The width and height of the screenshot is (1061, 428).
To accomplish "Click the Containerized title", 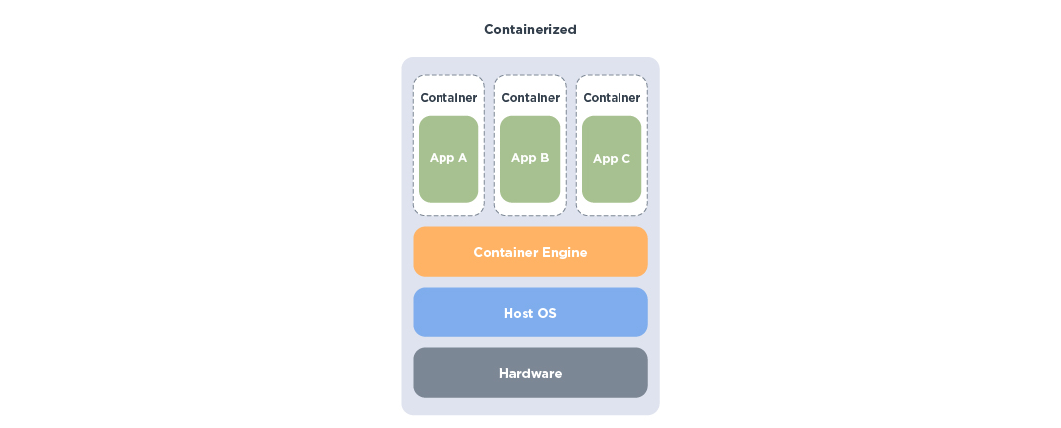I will click(x=530, y=30).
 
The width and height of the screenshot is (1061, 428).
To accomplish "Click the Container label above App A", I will click(x=448, y=98).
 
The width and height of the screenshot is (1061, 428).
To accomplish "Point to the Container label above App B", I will click(x=530, y=98).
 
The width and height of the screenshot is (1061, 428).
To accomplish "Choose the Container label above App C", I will click(x=612, y=98).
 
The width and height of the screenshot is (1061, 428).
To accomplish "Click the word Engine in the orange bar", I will click(x=564, y=253).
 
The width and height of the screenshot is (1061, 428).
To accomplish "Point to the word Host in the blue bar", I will click(x=519, y=313).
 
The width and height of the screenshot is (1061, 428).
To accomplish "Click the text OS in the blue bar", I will click(x=547, y=313).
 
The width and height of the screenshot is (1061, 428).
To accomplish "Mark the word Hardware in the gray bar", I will click(x=530, y=374).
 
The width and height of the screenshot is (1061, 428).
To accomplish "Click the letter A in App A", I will click(x=462, y=158).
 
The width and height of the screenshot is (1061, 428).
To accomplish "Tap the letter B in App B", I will click(x=544, y=158).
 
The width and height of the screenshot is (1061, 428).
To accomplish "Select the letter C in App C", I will click(x=625, y=159).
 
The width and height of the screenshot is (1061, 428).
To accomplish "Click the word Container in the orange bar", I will click(x=504, y=253).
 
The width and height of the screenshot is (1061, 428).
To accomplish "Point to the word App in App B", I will click(x=523, y=158).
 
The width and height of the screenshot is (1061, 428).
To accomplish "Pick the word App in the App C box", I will click(x=605, y=159).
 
